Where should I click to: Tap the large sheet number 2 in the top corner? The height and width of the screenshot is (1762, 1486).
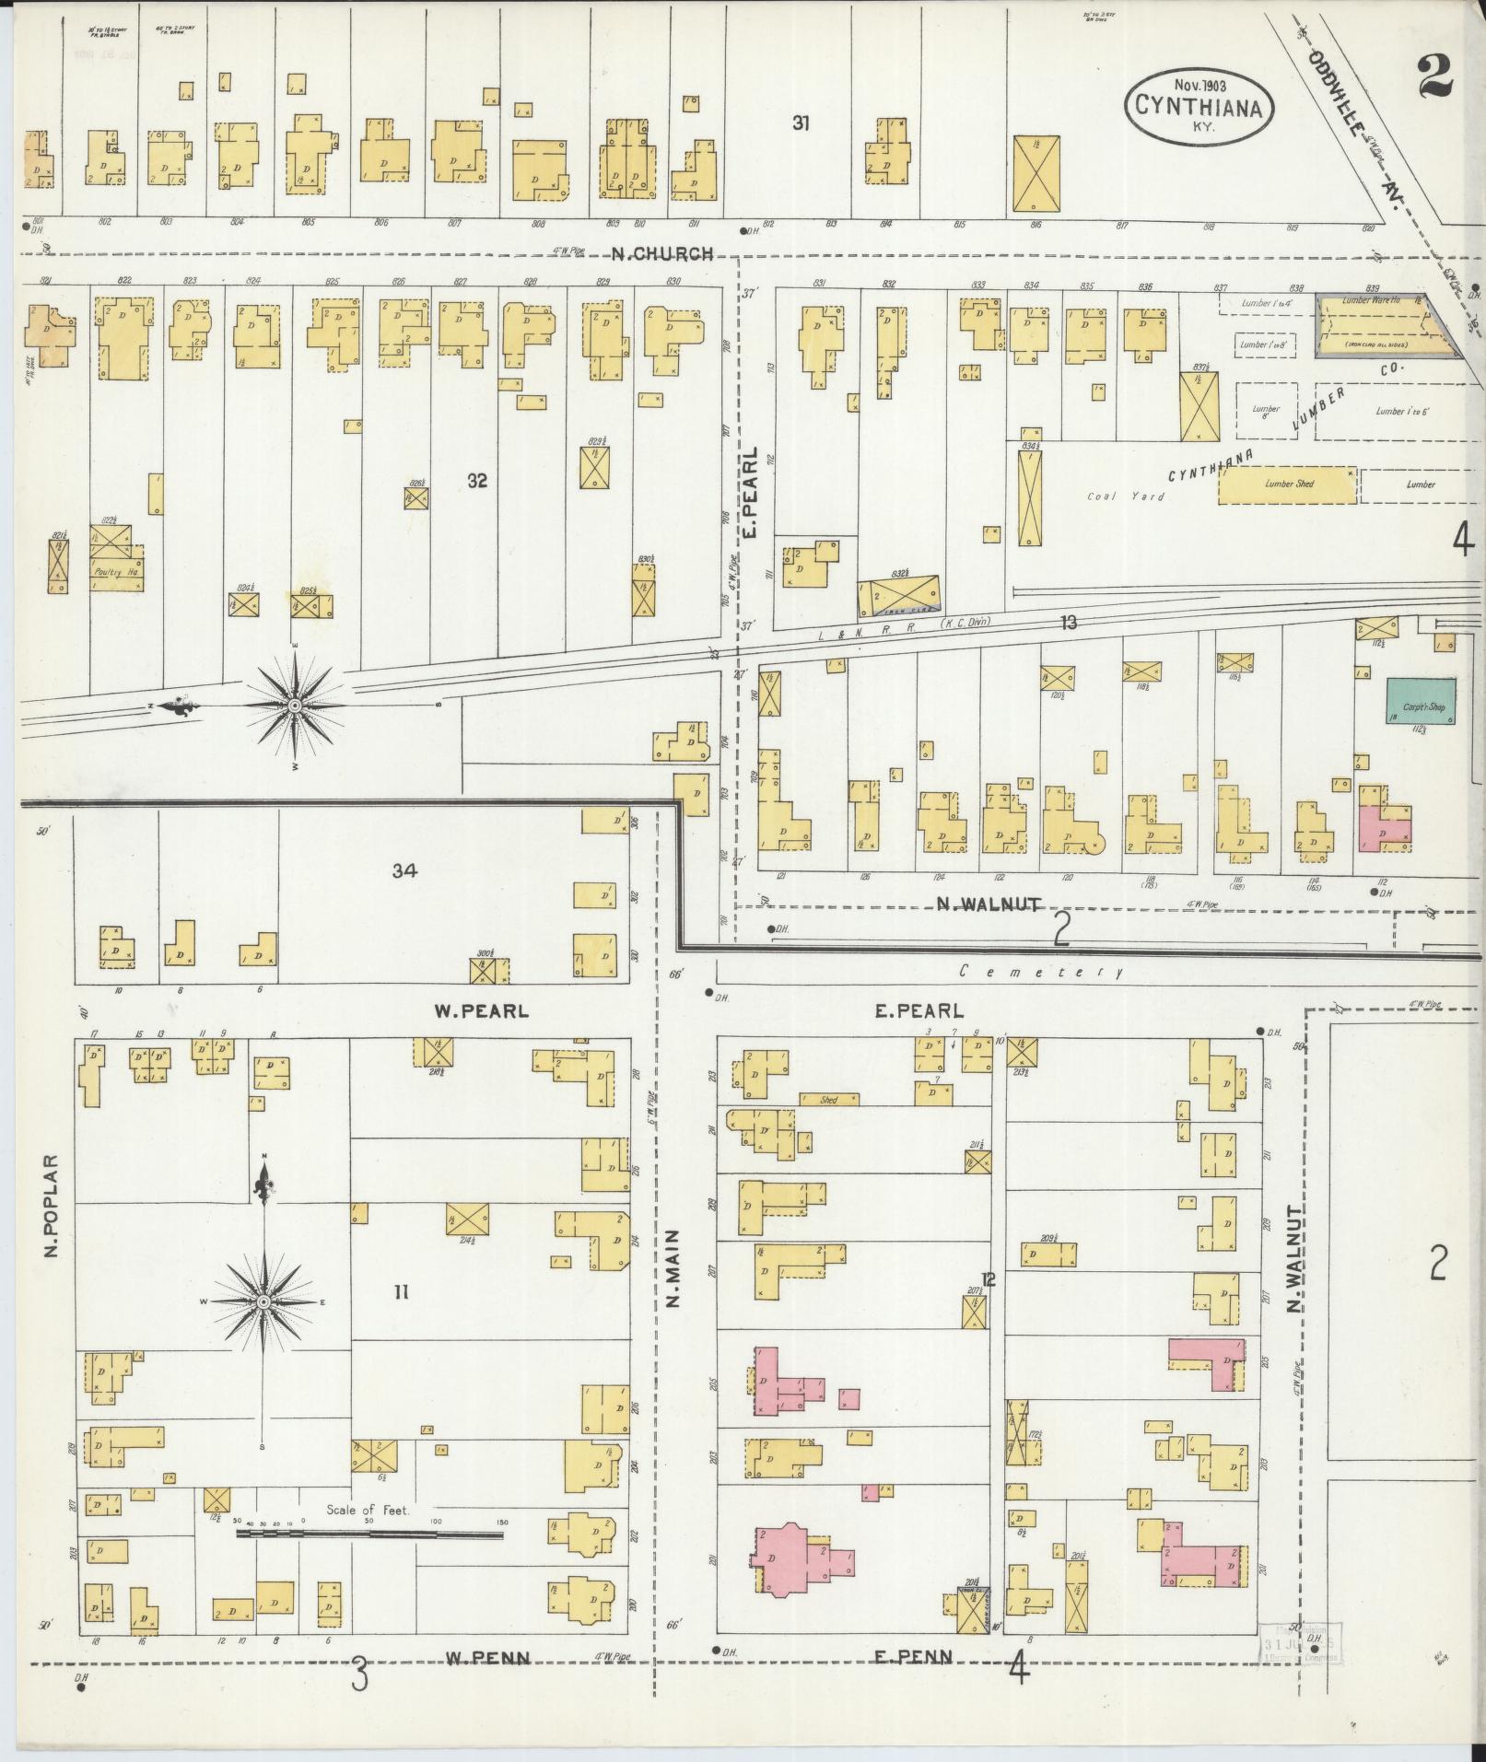coord(1434,76)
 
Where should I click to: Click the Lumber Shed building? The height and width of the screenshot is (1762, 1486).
coord(1288,484)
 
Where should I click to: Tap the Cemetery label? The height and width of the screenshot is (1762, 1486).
coord(1040,971)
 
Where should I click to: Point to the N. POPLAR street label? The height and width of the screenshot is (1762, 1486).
coord(53,1208)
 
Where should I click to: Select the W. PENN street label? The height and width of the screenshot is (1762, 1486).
coord(487,1658)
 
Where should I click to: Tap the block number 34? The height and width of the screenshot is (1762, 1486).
coord(404,869)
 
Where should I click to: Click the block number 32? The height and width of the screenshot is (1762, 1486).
coord(476,481)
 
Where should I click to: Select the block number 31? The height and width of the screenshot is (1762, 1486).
coord(801,123)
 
